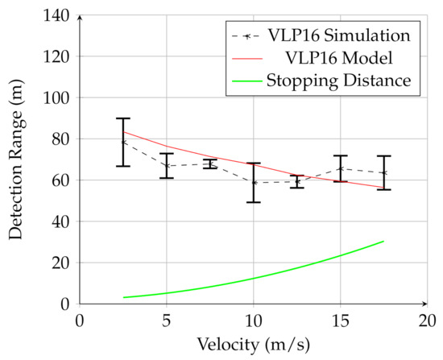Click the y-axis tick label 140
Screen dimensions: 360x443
[57, 15]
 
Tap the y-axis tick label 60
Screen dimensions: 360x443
[60, 180]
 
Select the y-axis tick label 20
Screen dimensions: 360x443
[60, 263]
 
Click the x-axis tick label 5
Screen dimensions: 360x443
[166, 320]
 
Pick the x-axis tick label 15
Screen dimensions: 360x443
[340, 320]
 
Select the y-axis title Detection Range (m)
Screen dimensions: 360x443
[17, 159]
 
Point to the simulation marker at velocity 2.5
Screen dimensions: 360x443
[123, 142]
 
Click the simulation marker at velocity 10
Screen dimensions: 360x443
[254, 182]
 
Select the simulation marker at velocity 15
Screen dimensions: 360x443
[340, 168]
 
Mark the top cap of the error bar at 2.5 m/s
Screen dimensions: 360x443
[123, 118]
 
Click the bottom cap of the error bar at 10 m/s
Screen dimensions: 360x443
[254, 202]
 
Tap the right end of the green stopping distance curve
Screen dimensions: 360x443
[383, 241]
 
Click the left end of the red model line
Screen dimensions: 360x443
[123, 131]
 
